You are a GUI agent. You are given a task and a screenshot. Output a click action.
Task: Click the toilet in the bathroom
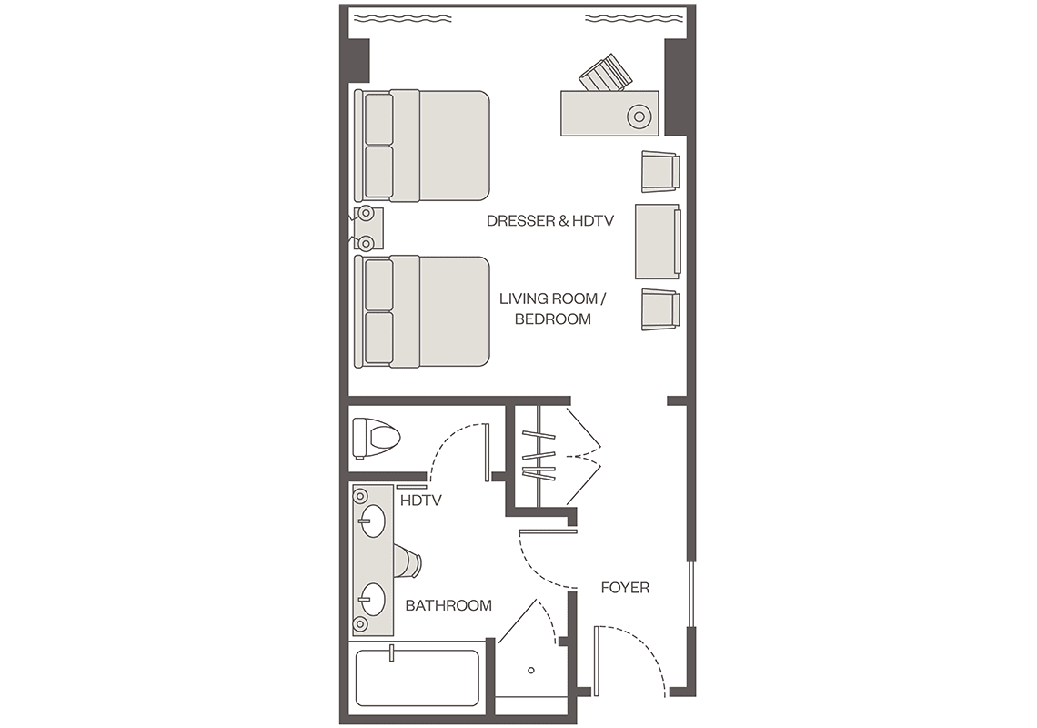tap(377, 438)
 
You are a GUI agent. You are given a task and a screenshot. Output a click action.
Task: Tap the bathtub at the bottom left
tap(418, 678)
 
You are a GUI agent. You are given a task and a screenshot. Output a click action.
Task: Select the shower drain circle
tap(531, 671)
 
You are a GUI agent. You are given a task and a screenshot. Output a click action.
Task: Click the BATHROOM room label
tap(448, 605)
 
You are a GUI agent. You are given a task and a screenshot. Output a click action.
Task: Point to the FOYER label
tap(625, 587)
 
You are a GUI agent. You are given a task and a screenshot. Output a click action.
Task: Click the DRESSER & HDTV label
tap(550, 220)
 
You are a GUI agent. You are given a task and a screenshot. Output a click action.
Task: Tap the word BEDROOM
tap(553, 319)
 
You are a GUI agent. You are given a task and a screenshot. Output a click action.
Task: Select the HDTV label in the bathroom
tap(420, 500)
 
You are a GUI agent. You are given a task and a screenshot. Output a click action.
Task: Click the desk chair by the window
tap(605, 74)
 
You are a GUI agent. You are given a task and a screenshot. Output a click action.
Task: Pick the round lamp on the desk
tap(639, 117)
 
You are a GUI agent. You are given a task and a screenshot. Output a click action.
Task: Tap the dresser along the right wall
tap(658, 241)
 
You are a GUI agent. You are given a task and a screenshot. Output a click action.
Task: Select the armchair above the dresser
tap(660, 172)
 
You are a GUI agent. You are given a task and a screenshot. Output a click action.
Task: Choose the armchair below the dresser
tap(660, 309)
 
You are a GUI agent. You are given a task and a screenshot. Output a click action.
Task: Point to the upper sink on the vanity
tap(372, 521)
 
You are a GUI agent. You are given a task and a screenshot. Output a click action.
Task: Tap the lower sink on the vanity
tap(372, 600)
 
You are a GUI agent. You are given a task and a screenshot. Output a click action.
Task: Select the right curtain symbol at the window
tap(635, 18)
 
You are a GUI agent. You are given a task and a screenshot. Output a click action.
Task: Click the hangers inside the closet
tap(539, 455)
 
